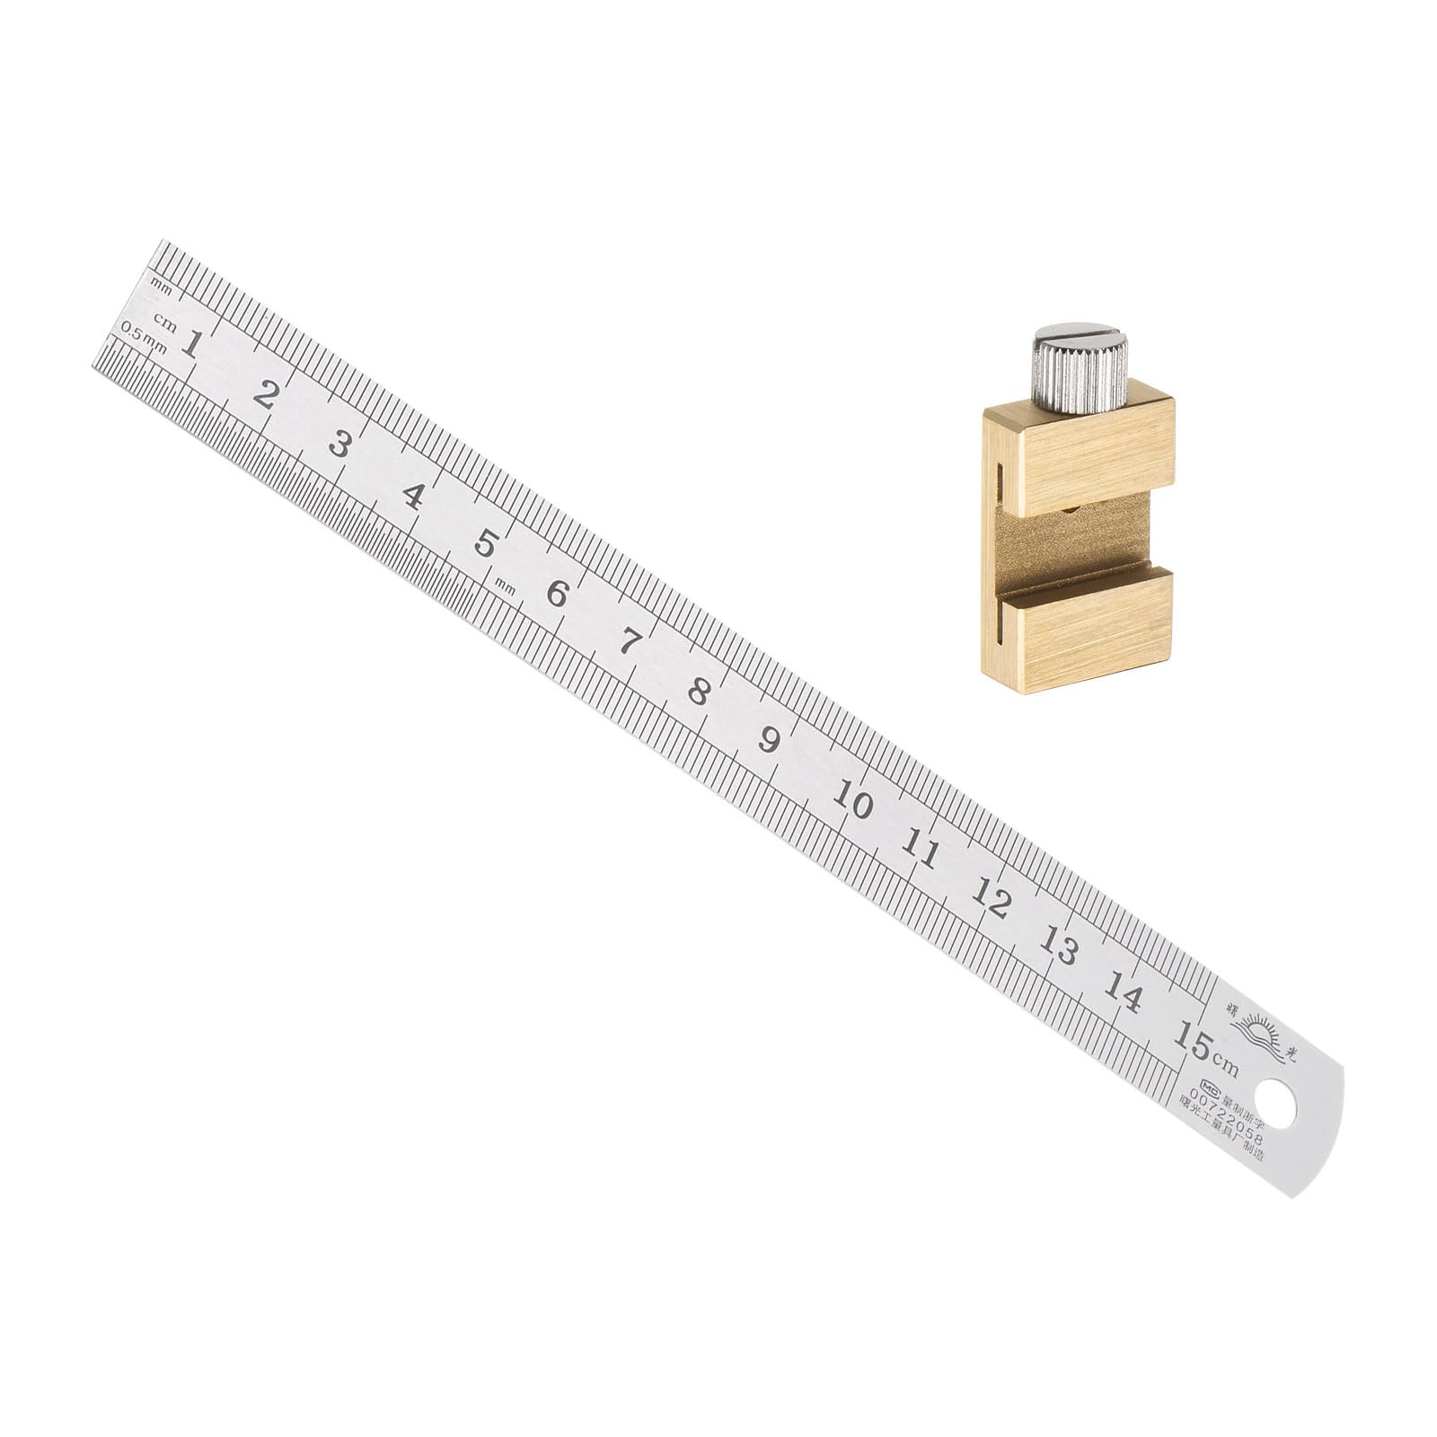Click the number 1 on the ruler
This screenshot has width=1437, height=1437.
point(190,343)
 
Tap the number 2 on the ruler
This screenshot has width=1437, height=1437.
point(264,394)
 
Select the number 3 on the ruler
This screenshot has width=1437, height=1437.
point(339,444)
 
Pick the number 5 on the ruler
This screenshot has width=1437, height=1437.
point(486,543)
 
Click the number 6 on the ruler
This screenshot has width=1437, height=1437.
point(558,594)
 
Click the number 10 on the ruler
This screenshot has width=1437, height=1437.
point(852,799)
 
